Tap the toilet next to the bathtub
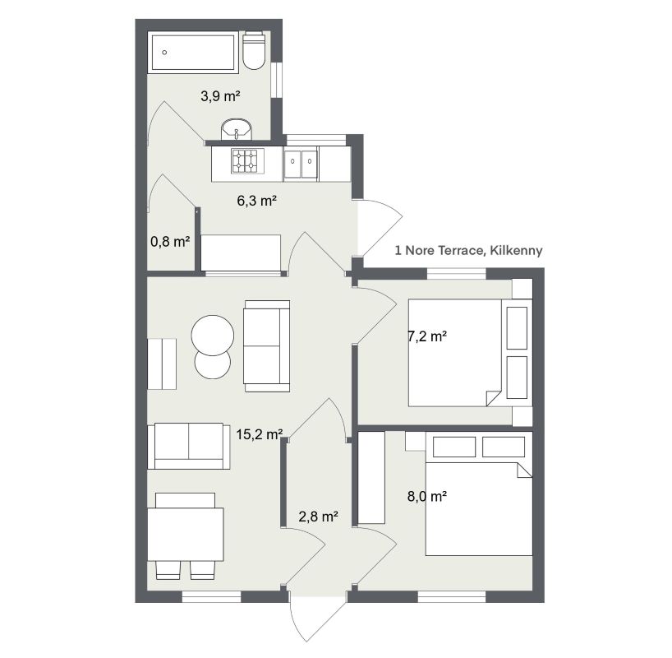(x=254, y=51)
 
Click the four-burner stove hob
(x=244, y=161)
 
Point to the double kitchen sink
(x=301, y=163)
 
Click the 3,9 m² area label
(x=220, y=96)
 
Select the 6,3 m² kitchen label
(x=256, y=200)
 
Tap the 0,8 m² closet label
(x=170, y=241)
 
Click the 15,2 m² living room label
(x=259, y=433)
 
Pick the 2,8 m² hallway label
(x=319, y=517)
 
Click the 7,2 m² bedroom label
(x=426, y=336)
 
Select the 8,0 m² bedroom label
(x=426, y=496)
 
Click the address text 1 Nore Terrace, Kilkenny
(x=468, y=250)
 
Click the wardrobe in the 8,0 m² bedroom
(x=371, y=478)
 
